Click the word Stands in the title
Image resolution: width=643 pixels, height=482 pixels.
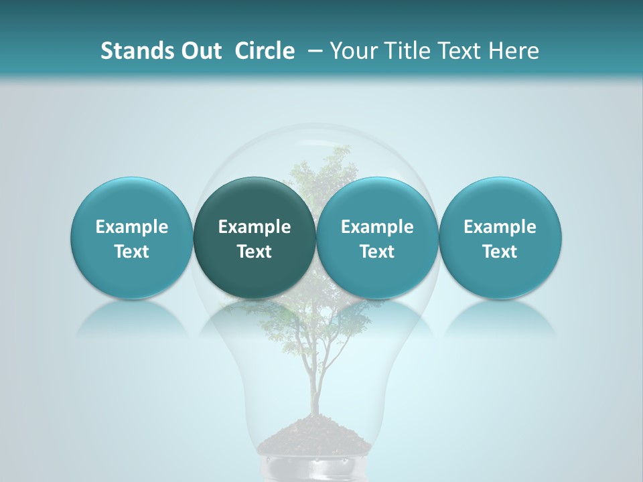click(x=133, y=51)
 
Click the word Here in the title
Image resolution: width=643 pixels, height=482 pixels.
click(x=514, y=51)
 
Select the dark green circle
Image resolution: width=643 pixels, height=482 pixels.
click(x=255, y=238)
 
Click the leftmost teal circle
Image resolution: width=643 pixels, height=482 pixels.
click(x=132, y=238)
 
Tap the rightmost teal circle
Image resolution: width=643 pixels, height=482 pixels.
click(x=500, y=238)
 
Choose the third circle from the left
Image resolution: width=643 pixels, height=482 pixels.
click(x=377, y=238)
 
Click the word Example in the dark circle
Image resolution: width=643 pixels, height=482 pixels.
click(x=255, y=227)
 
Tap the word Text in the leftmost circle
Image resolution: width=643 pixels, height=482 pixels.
click(x=132, y=252)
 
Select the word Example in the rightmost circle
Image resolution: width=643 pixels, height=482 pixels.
click(x=500, y=227)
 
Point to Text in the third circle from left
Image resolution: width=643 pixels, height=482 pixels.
click(x=377, y=252)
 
